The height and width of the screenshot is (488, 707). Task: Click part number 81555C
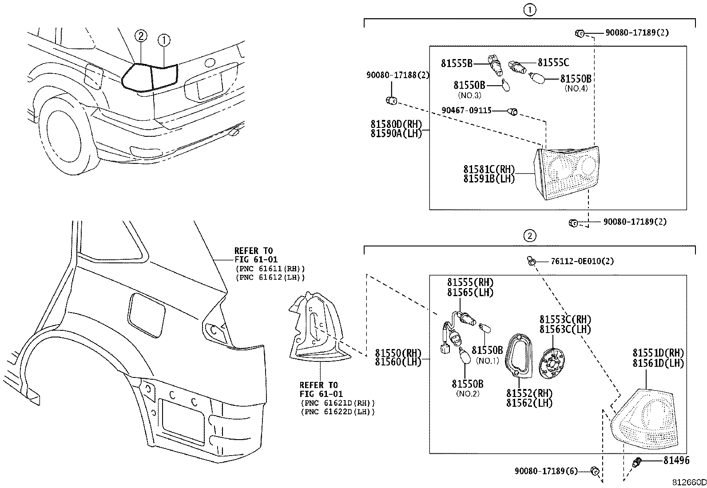[x=553, y=63]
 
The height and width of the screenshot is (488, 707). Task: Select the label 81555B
[x=457, y=63]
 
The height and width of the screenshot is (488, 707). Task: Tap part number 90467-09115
[x=466, y=110]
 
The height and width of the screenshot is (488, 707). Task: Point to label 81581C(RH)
[x=489, y=170]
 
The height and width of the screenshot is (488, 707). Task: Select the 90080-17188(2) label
[x=397, y=75]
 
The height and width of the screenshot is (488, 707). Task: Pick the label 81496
[x=676, y=461]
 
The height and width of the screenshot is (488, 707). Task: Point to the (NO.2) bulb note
[x=468, y=394]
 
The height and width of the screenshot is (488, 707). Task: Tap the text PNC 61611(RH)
[x=270, y=269]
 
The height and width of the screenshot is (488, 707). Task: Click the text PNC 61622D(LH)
[x=338, y=412]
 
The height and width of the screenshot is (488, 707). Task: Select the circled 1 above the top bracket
[x=529, y=10]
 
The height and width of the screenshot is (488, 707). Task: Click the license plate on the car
[x=209, y=86]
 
